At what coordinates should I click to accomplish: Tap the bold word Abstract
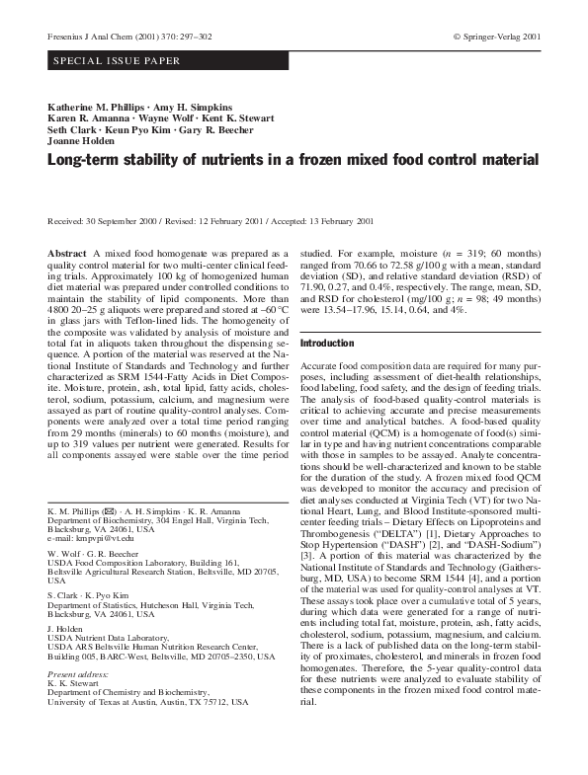point(66,254)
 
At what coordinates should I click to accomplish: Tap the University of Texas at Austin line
point(148,701)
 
